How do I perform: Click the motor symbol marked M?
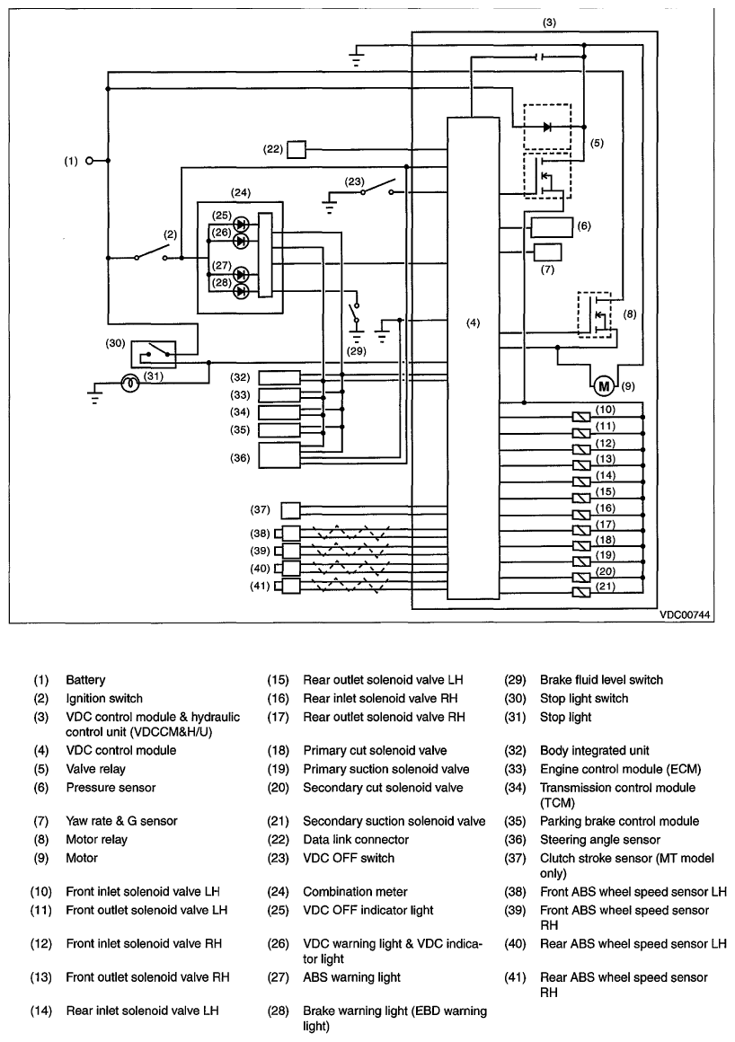click(x=604, y=386)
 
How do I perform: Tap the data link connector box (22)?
click(x=297, y=149)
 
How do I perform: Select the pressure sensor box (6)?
click(x=552, y=226)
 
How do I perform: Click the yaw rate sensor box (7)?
click(x=547, y=252)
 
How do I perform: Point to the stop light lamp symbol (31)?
click(x=130, y=384)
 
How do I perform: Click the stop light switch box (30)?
click(x=154, y=354)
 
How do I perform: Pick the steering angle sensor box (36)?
click(x=279, y=455)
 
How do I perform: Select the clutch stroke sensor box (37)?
click(x=291, y=510)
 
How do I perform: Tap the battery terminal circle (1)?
click(x=90, y=161)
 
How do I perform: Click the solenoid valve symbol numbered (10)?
click(x=581, y=418)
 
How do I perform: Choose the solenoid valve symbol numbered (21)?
click(x=581, y=593)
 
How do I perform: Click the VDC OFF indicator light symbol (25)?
click(x=242, y=224)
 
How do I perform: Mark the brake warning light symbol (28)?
click(x=242, y=291)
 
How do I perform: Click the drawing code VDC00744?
click(x=685, y=615)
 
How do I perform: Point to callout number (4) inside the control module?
click(x=473, y=323)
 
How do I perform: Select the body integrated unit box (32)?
click(x=279, y=377)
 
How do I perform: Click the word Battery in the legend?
click(x=85, y=680)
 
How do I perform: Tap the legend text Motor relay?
click(x=96, y=839)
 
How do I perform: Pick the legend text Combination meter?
click(x=355, y=892)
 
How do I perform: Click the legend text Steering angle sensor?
click(x=600, y=840)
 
